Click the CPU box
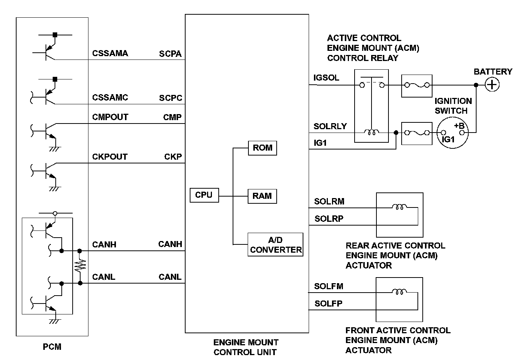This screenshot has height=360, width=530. click(x=204, y=195)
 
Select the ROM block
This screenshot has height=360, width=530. click(x=262, y=148)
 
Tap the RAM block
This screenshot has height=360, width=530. click(x=262, y=196)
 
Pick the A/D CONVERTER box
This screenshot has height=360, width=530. click(x=275, y=245)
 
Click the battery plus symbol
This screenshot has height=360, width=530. click(x=492, y=84)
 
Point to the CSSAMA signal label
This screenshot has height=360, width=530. click(x=110, y=53)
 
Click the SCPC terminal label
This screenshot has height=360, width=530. click(x=171, y=98)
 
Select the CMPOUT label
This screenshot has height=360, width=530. click(x=110, y=117)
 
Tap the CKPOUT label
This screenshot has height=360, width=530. click(x=110, y=157)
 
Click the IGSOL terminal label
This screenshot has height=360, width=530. click(x=326, y=78)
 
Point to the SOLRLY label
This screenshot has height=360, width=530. click(x=330, y=126)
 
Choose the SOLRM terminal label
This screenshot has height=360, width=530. click(x=329, y=201)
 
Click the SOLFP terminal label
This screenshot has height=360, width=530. click(x=329, y=304)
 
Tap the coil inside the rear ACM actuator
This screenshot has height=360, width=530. click(x=399, y=206)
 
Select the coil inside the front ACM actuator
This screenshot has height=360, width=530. click(x=399, y=291)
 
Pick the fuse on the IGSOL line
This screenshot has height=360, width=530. click(x=417, y=85)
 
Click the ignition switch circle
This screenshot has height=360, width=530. click(x=452, y=133)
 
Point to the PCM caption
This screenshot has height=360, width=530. click(x=52, y=347)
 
